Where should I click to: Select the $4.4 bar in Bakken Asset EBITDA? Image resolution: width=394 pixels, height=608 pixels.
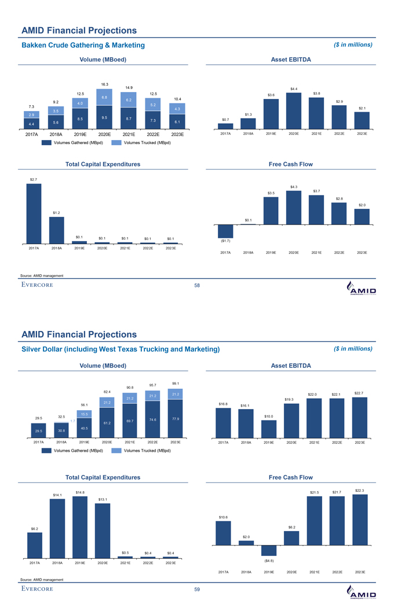(294, 110)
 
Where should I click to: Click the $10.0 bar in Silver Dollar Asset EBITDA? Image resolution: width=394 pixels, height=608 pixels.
(269, 429)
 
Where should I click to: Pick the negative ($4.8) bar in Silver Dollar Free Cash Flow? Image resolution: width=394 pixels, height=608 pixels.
(269, 551)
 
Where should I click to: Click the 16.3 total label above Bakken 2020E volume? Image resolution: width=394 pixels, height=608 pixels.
(104, 84)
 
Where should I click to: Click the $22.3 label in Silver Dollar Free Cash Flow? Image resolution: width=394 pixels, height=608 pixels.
(359, 491)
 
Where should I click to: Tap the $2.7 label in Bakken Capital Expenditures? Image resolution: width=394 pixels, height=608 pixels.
(34, 180)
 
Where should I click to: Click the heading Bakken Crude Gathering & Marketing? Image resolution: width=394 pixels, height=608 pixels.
(83, 45)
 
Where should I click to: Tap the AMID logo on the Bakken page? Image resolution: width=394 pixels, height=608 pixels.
(360, 288)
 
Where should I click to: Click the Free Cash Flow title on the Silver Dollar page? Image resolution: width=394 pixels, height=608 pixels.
(291, 477)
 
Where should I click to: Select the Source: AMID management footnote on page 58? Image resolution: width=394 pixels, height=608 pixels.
(42, 275)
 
